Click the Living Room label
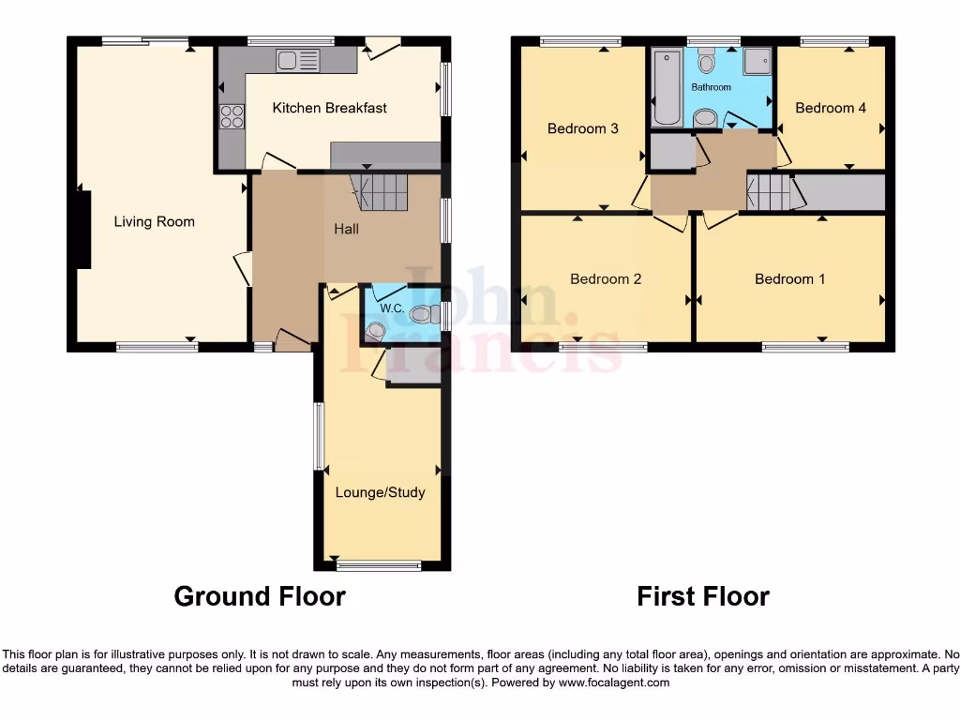[x=154, y=222]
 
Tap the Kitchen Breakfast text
[x=329, y=108]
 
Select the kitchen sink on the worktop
[x=297, y=61]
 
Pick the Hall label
[x=346, y=229]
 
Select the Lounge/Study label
[x=380, y=492]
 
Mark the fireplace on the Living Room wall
[x=83, y=228]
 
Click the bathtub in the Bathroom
[x=667, y=89]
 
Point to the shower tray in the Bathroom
[x=757, y=62]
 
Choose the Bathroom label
[x=711, y=87]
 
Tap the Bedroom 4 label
[x=831, y=108]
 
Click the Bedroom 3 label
[x=582, y=128]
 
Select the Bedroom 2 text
[x=605, y=278]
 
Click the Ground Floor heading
[x=260, y=596]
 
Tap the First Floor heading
[x=703, y=596]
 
